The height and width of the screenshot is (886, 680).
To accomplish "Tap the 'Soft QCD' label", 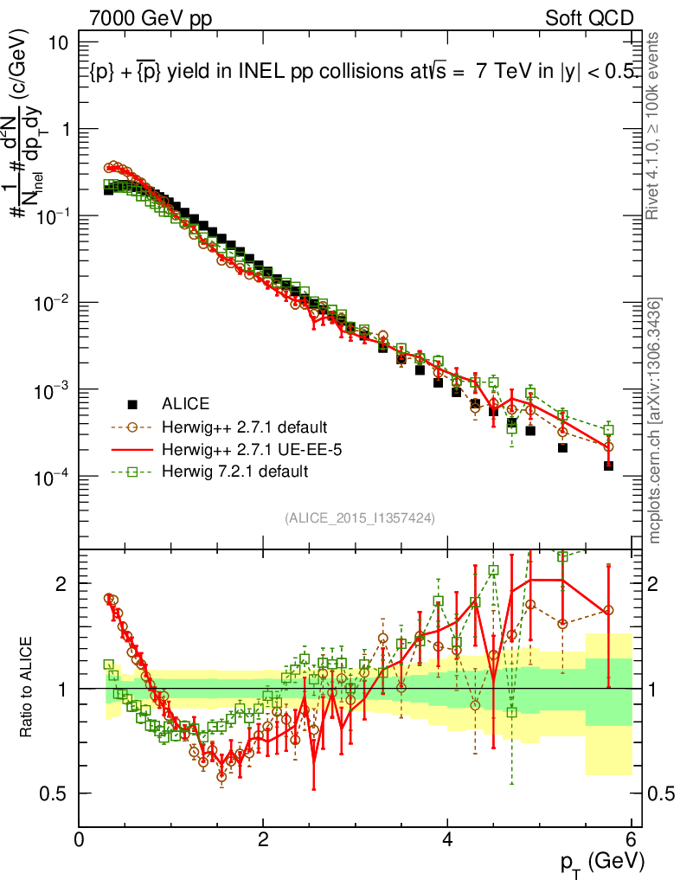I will click(x=589, y=18).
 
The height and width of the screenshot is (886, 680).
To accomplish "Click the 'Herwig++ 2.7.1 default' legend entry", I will click(x=241, y=427).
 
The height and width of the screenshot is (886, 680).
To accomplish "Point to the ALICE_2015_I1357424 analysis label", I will click(x=359, y=517).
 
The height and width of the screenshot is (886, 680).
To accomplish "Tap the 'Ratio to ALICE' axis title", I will click(x=29, y=688).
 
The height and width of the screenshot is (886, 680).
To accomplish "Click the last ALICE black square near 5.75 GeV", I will click(x=608, y=465).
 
